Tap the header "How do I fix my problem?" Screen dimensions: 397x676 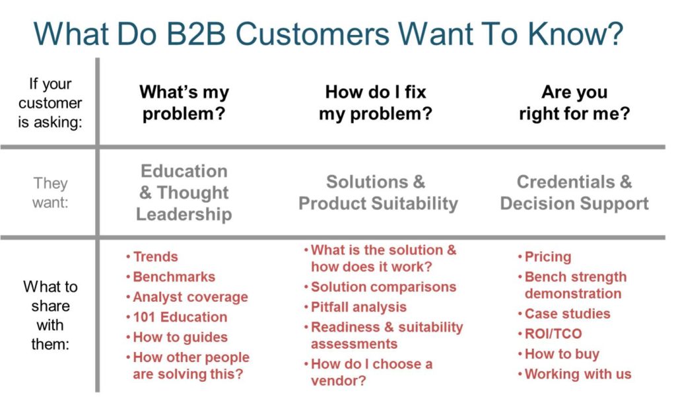tap(375, 102)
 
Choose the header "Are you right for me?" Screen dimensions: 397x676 tap(574, 102)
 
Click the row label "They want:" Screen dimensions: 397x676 tap(51, 192)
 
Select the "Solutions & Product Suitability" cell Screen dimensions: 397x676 tap(378, 192)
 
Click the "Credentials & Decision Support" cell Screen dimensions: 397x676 tap(574, 192)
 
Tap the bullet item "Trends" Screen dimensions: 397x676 tap(155, 257)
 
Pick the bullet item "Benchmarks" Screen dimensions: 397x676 tap(174, 277)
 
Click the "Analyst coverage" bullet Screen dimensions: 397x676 tap(190, 297)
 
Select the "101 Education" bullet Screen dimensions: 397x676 tap(180, 317)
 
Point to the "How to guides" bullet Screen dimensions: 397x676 tap(180, 337)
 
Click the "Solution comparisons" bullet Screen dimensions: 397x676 tap(383, 287)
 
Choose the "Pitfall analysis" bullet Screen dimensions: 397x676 tap(358, 307)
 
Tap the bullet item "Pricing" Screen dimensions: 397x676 tap(547, 257)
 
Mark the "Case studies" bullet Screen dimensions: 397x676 tap(567, 314)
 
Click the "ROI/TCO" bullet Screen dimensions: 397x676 tap(553, 334)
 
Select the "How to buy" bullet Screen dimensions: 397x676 tap(561, 354)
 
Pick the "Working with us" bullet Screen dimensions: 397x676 tap(578, 374)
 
